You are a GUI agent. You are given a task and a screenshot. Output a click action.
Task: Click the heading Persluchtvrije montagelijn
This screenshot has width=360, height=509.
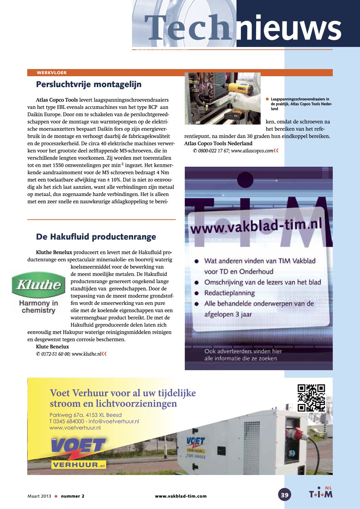coord(88,84)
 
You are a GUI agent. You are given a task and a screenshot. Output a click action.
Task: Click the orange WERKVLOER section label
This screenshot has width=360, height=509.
coord(52,72)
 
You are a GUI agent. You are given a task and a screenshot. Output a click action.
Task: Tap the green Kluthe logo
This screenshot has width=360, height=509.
coord(38,284)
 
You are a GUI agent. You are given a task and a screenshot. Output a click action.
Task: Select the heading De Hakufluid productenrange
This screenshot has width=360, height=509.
coord(96,237)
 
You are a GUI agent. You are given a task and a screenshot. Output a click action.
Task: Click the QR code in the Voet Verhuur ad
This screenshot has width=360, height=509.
coord(311,398)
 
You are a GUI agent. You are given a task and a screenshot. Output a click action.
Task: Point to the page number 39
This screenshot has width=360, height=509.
coord(284,495)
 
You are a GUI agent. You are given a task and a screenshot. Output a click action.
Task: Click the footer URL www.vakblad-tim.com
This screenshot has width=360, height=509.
coord(181,496)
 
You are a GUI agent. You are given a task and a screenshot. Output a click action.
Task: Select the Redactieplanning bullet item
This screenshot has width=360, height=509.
coord(229,293)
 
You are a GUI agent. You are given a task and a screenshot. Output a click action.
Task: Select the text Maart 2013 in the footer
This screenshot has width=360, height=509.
coord(39,496)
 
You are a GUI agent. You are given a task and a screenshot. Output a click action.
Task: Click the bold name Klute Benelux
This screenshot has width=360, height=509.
coord(52,347)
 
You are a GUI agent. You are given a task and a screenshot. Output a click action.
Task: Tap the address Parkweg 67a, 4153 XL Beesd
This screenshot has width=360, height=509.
coord(85,415)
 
